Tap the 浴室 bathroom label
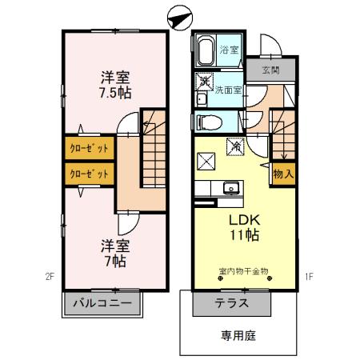[x=230, y=50]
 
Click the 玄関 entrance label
[x=270, y=70]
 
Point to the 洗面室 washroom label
[x=227, y=90]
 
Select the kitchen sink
[x=231, y=189]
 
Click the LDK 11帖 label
[x=243, y=227]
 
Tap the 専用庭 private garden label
[x=238, y=336]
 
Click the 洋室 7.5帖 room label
[x=116, y=85]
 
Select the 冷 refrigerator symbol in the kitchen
[x=235, y=146]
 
